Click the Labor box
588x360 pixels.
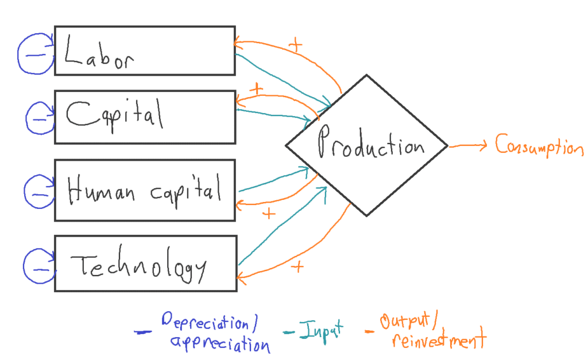[144, 51]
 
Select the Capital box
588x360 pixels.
[144, 117]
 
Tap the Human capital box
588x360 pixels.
[144, 190]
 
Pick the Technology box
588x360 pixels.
[144, 264]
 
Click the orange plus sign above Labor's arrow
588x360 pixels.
[295, 45]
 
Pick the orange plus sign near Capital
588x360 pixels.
[256, 90]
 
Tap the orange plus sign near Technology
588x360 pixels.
[297, 267]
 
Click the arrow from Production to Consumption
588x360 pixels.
[469, 146]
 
